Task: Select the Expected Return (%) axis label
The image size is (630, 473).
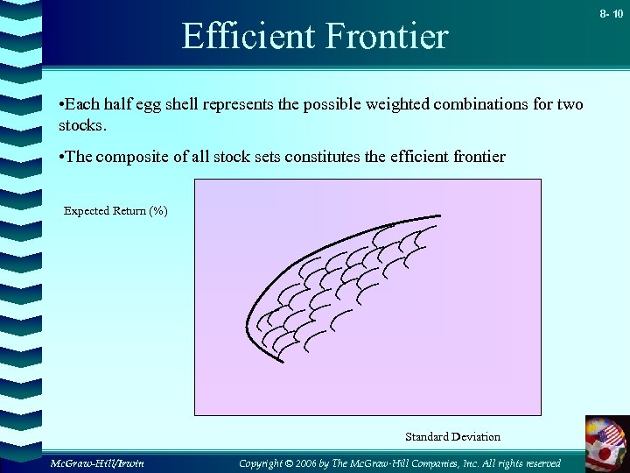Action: click(x=115, y=211)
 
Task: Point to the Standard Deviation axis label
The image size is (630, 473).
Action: click(x=452, y=436)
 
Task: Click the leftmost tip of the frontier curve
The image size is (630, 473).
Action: click(x=248, y=323)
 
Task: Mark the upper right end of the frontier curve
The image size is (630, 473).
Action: click(x=440, y=216)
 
